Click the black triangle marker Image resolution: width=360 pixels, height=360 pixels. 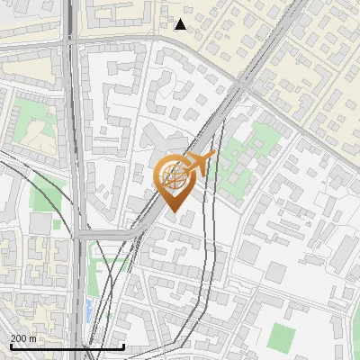pos(181,24)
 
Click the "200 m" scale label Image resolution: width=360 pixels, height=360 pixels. pos(24,337)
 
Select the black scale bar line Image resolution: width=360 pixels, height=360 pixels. pos(67,346)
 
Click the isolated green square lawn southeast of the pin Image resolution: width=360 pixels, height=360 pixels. pos(281,338)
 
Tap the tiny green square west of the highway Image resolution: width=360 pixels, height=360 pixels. pos(56,223)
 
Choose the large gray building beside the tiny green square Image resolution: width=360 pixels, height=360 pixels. pos(40,223)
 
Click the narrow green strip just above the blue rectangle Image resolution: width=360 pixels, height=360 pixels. pos(97,270)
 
